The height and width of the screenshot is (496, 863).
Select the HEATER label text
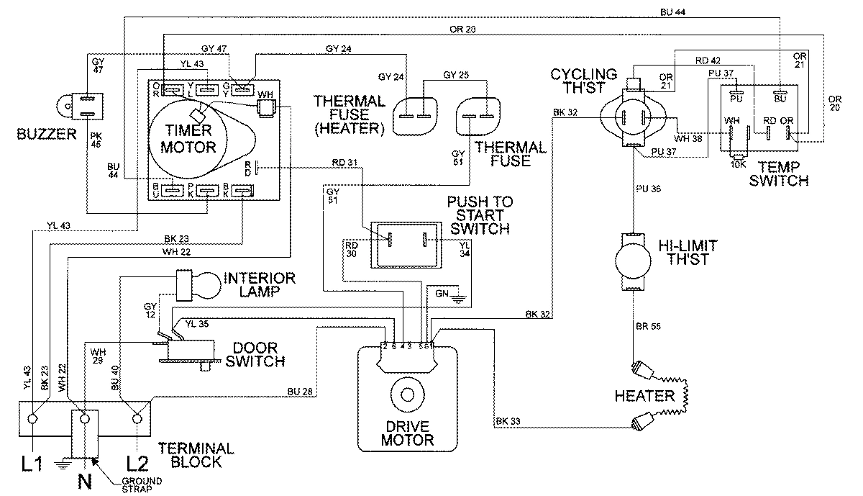[645, 396]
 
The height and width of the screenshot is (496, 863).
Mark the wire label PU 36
[649, 190]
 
